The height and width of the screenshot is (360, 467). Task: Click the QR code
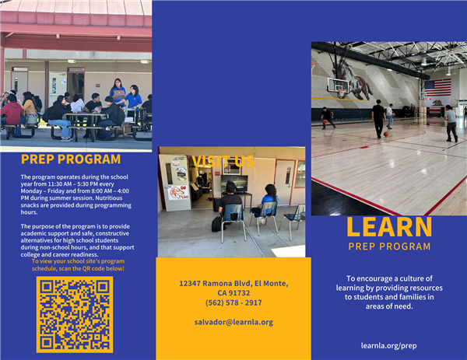(x=74, y=314)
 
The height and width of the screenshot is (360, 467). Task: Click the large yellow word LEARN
(x=388, y=227)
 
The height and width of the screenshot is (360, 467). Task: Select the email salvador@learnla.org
(x=233, y=322)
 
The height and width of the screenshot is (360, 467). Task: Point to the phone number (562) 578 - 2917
(x=233, y=302)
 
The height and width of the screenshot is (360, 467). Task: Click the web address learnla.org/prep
(x=388, y=345)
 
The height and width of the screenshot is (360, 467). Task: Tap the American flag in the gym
(x=437, y=87)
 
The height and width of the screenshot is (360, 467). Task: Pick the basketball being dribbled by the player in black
(x=384, y=134)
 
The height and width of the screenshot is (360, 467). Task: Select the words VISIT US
(x=223, y=161)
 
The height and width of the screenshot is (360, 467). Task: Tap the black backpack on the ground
(x=217, y=223)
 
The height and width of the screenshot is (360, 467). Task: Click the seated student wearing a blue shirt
(x=269, y=204)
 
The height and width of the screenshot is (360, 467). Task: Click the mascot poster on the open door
(x=178, y=191)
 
